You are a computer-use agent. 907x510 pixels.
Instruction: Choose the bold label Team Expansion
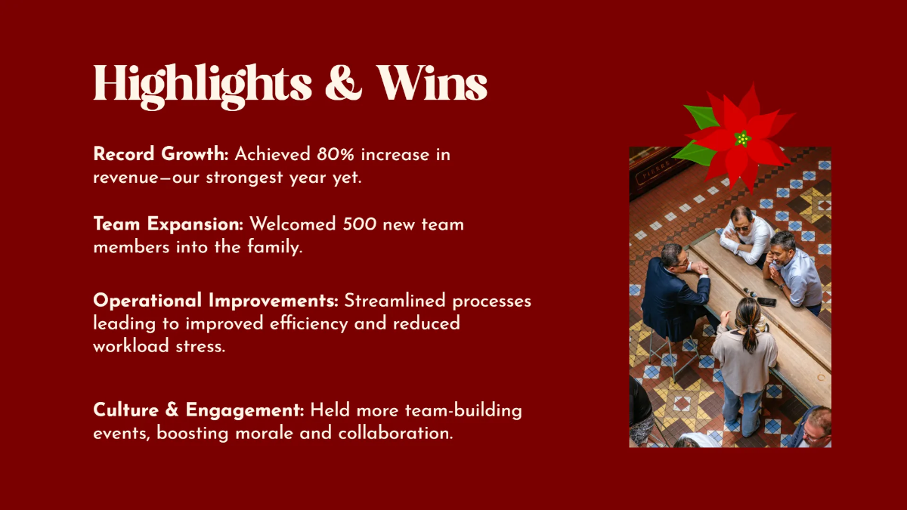[168, 224]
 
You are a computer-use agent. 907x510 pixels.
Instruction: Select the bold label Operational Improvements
[215, 301]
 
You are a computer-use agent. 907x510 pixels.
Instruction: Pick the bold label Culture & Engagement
[198, 410]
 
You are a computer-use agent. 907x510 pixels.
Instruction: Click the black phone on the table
[766, 301]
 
